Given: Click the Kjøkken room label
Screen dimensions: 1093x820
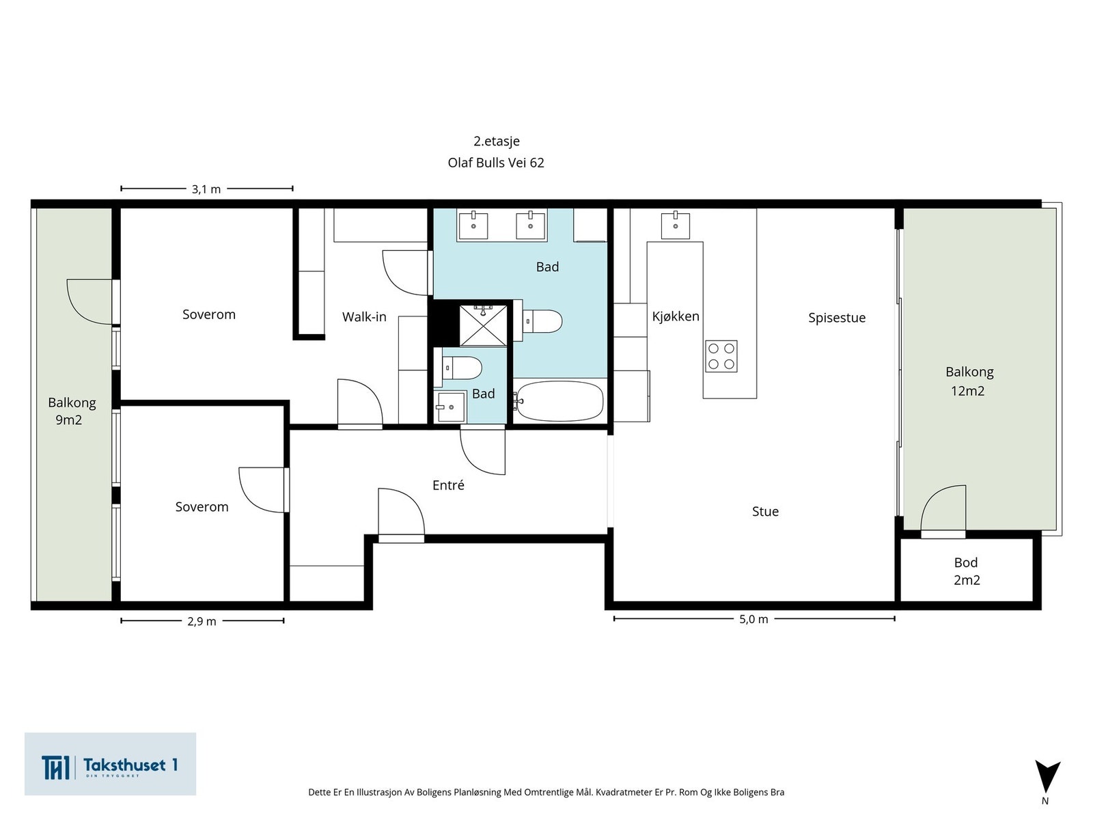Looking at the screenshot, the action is click(675, 316).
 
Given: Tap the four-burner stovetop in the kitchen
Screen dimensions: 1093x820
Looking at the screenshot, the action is click(721, 356).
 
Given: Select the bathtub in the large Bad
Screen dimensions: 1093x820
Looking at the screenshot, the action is click(559, 401).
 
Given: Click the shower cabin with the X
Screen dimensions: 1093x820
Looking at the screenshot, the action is click(483, 326).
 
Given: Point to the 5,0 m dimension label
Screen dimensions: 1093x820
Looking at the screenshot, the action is click(753, 619).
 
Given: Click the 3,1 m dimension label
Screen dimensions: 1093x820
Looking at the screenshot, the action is click(206, 189).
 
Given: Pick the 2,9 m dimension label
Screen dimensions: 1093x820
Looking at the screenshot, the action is click(202, 621).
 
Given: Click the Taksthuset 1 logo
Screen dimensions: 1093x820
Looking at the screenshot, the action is click(110, 764).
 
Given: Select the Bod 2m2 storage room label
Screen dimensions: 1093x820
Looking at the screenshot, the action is click(967, 571).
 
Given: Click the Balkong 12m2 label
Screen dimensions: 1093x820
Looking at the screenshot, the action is click(969, 381).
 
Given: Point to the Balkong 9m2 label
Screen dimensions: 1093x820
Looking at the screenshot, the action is click(72, 411).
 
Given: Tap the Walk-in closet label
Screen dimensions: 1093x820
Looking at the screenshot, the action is click(364, 316).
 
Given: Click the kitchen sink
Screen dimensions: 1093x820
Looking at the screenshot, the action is click(675, 225).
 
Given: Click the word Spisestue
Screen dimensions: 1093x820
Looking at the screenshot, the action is click(837, 318).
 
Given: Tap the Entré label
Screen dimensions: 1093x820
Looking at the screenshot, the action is click(448, 485).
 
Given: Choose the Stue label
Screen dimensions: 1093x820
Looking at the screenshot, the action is click(765, 511).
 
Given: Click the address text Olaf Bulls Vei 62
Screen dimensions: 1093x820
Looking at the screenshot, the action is click(495, 163).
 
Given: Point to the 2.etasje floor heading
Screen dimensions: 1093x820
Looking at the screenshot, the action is click(497, 141).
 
